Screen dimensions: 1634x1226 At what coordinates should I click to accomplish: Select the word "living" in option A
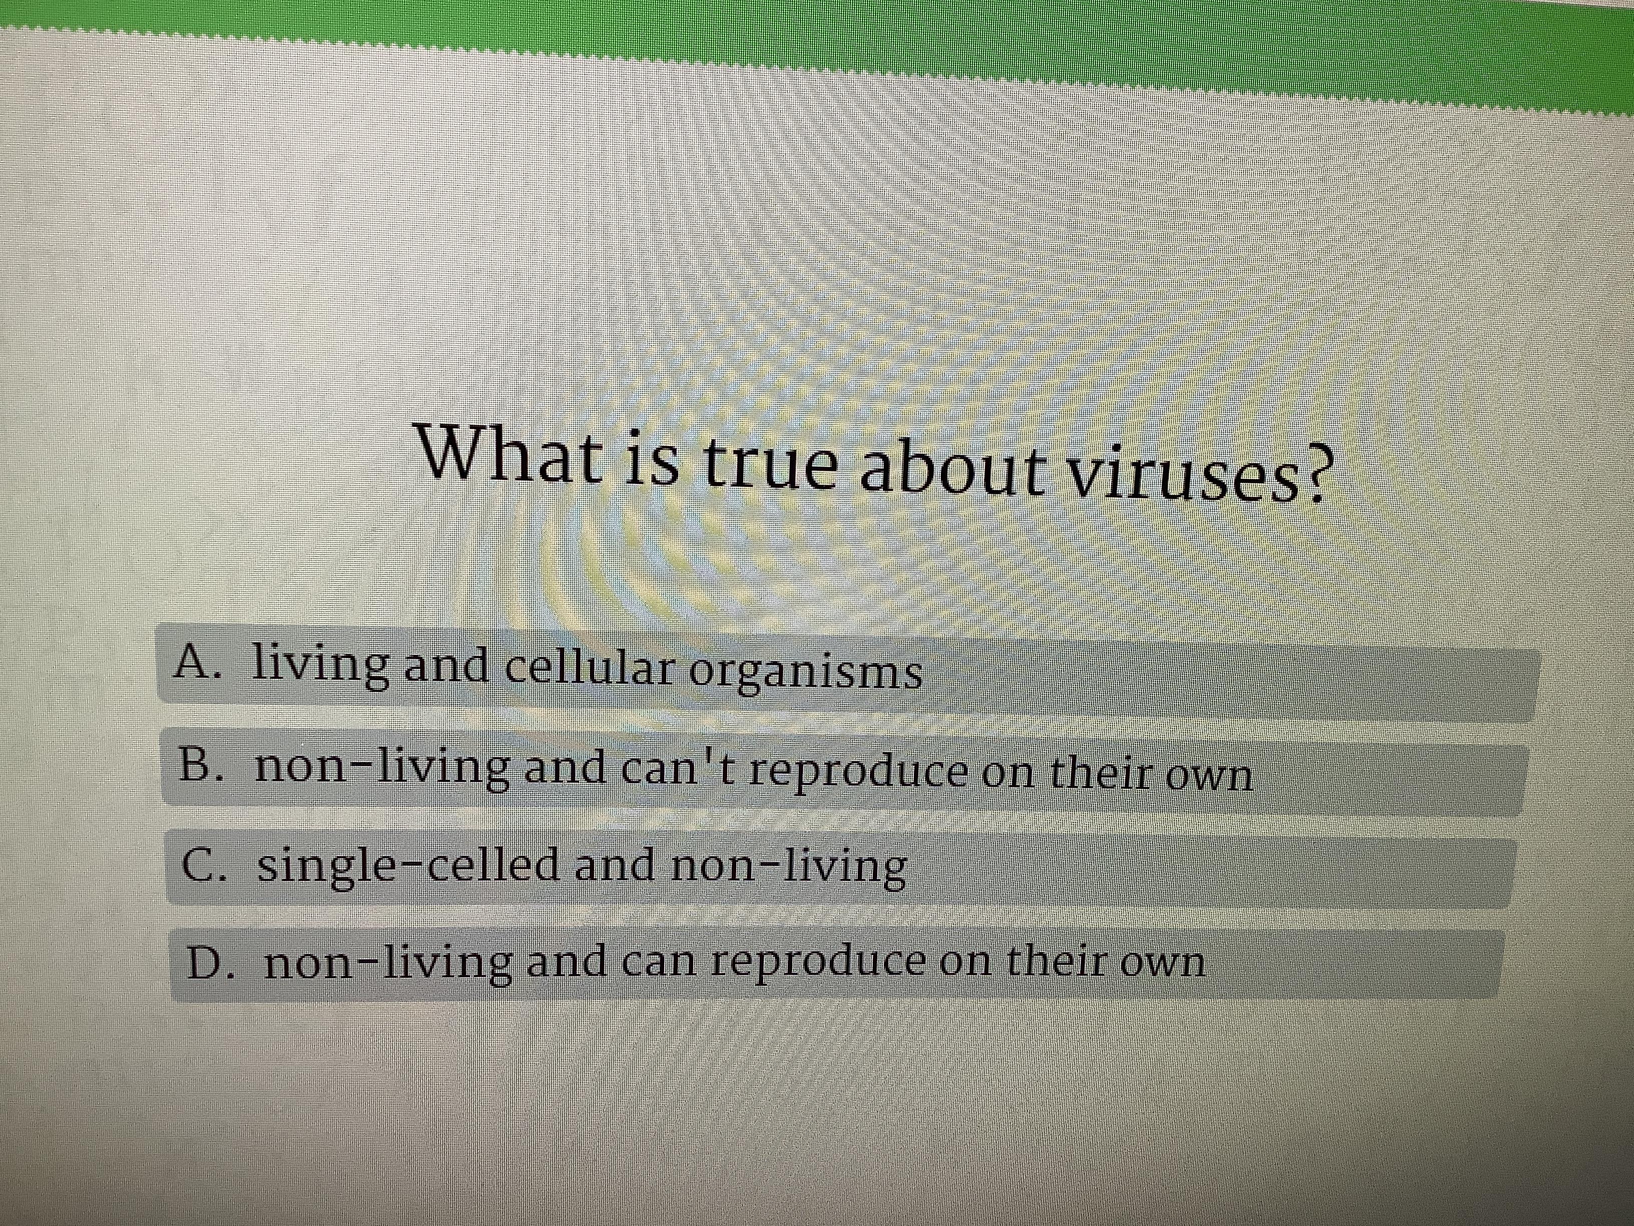(x=320, y=664)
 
